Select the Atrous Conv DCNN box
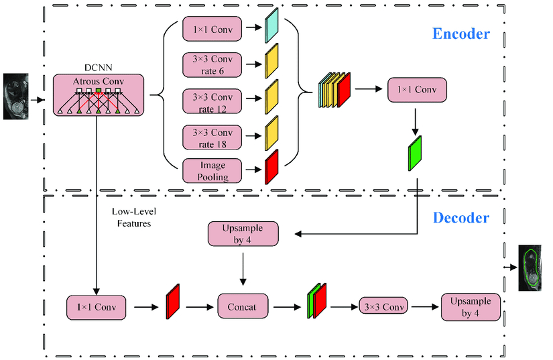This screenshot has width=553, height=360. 99,95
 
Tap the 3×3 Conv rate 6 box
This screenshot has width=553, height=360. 209,64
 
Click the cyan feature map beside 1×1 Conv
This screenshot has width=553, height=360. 271,25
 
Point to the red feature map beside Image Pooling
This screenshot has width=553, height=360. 271,167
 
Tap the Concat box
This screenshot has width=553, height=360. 242,306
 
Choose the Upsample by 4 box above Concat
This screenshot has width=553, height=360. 242,235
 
